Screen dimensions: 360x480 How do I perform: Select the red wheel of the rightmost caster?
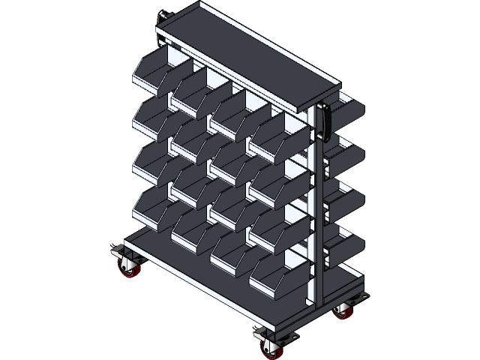coord(344,310)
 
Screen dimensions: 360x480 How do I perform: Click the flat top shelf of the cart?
coord(247,56)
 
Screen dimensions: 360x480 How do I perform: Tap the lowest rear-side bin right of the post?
coord(346,249)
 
